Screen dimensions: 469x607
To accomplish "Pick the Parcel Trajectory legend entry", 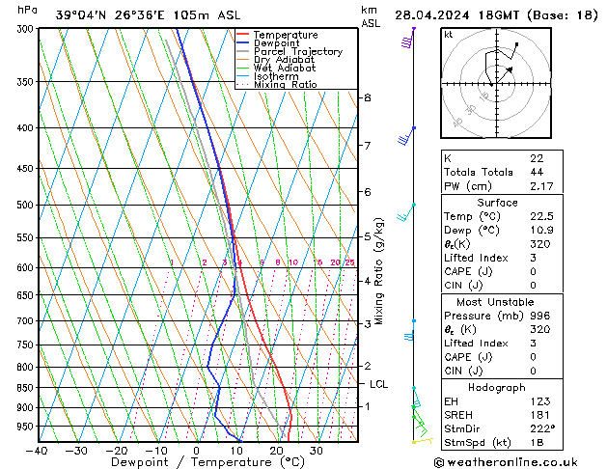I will click(x=297, y=52).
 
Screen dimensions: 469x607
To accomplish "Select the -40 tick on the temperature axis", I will click(x=38, y=451).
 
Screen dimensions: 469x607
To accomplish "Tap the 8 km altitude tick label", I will click(x=367, y=97).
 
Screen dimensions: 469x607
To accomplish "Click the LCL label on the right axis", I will click(x=378, y=384).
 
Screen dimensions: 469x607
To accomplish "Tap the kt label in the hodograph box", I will click(x=448, y=35).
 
